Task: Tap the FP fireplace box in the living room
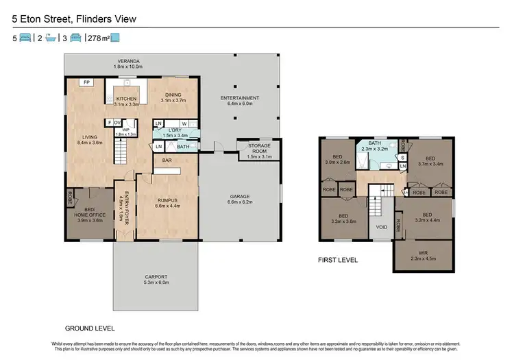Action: pyautogui.click(x=87, y=82)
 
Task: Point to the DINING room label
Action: pyautogui.click(x=173, y=96)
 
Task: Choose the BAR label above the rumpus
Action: pyautogui.click(x=167, y=160)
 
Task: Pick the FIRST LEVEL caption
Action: pyautogui.click(x=339, y=261)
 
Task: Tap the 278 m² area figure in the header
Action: pyautogui.click(x=98, y=38)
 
